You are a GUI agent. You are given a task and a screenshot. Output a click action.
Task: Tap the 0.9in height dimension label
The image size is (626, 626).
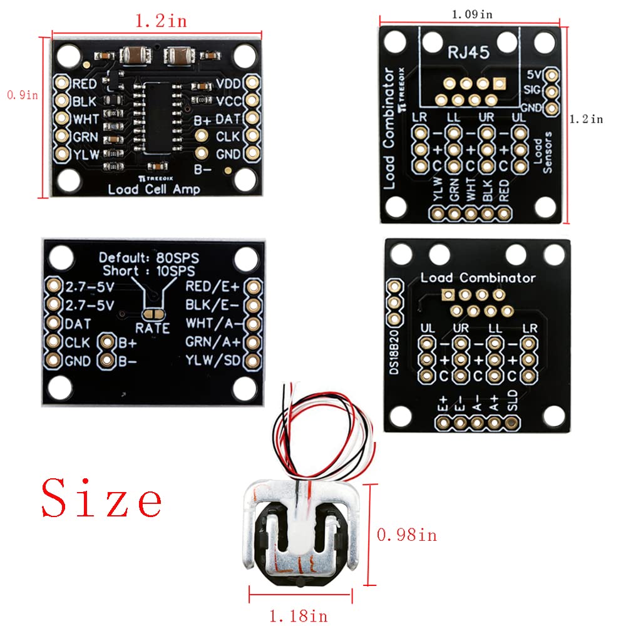coord(22,95)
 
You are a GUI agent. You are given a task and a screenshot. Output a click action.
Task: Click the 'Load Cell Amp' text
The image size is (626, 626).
coord(153,189)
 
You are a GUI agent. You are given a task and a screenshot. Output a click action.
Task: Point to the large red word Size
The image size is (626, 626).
coord(102,499)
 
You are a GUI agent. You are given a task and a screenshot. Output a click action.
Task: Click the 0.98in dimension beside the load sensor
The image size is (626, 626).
coord(406,535)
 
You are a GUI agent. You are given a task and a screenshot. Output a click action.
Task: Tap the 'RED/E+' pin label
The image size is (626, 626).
coord(213,287)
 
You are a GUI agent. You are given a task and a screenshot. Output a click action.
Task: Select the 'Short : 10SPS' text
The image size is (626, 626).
coord(148,271)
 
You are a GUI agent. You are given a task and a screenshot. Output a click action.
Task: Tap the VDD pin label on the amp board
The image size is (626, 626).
coord(228,84)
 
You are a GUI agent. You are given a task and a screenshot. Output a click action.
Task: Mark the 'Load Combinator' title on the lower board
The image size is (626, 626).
coord(478,277)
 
